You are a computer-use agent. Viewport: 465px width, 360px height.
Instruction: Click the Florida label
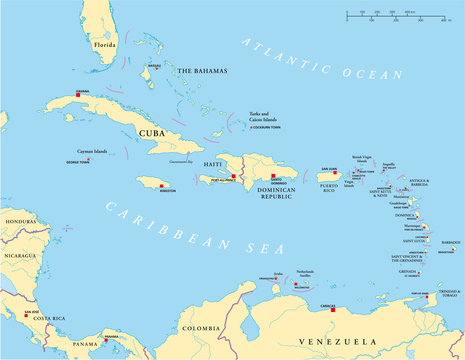pos(105,45)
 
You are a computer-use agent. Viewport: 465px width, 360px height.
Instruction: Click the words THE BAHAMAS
pos(203,71)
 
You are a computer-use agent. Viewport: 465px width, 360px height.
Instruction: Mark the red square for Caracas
pos(333,282)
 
